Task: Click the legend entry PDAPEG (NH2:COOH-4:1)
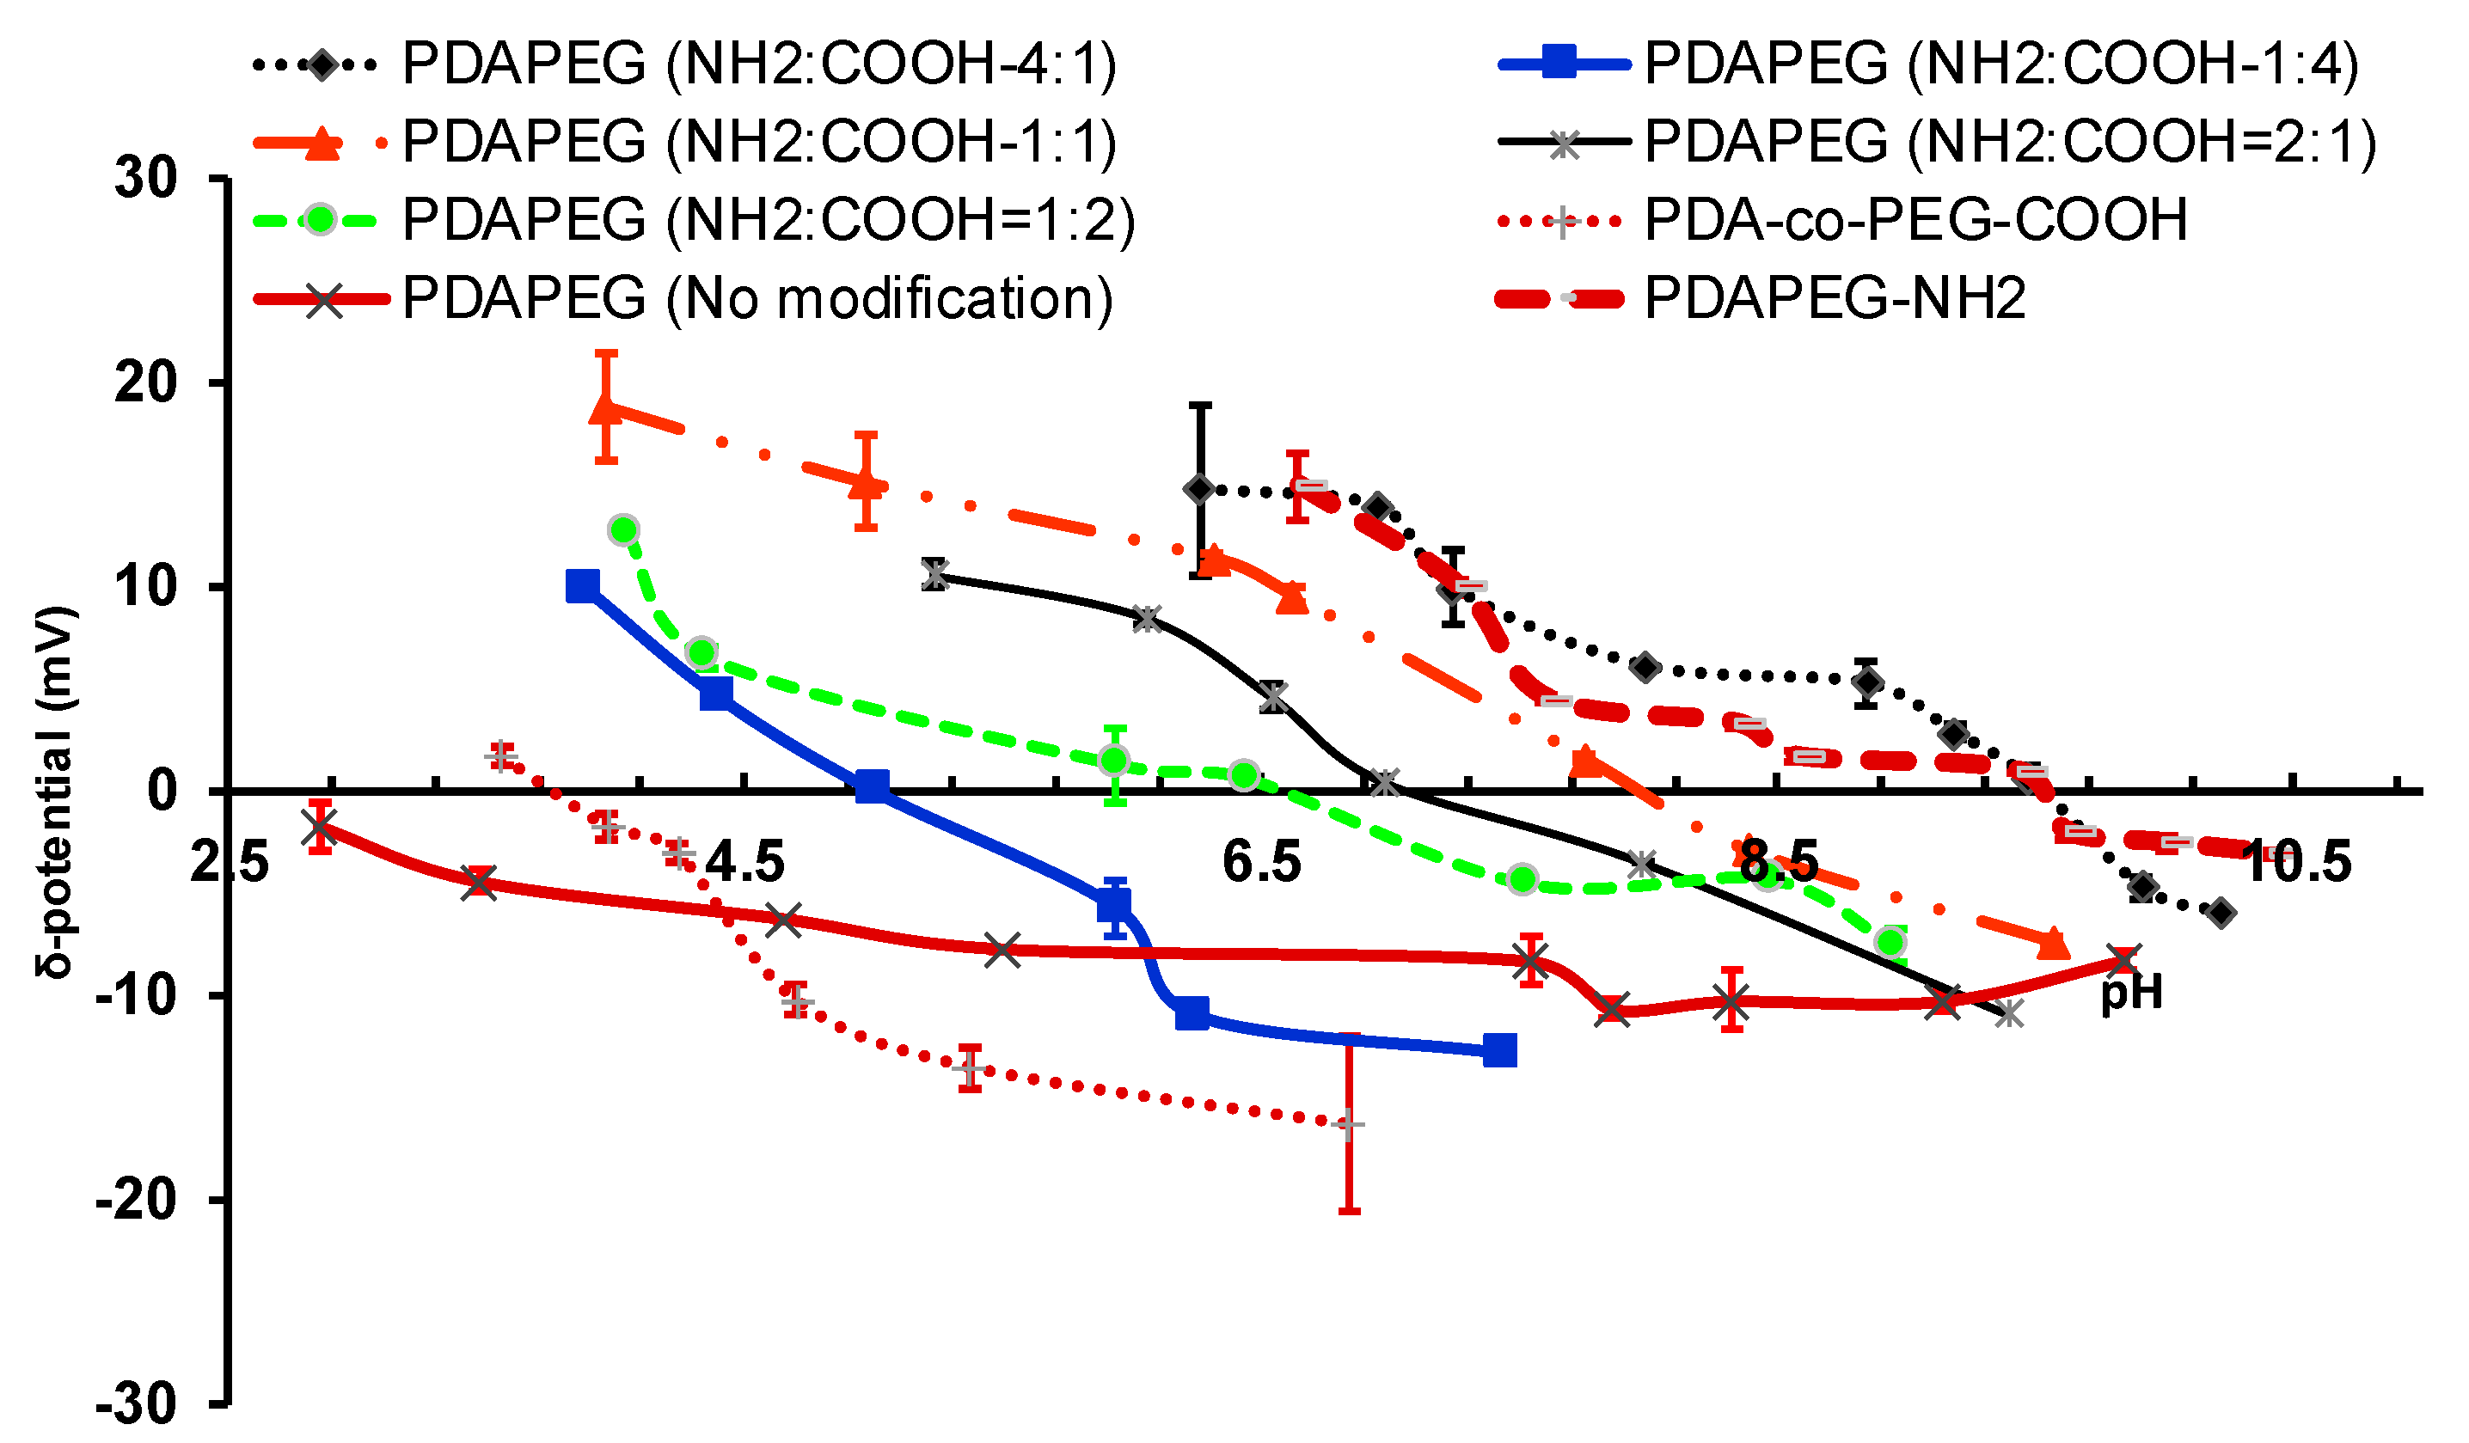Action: [x=759, y=64]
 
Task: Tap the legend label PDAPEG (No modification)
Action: [x=757, y=298]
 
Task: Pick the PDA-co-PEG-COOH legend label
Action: [x=1915, y=219]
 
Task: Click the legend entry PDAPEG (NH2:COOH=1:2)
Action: [x=769, y=219]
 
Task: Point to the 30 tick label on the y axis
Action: [x=146, y=180]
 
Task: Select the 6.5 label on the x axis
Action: [x=1262, y=862]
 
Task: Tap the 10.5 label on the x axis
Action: [x=2296, y=862]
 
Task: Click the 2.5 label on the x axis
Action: [x=230, y=862]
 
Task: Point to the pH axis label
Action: [x=2132, y=993]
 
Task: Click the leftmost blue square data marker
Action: [x=583, y=587]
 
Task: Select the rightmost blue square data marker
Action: [x=1500, y=1051]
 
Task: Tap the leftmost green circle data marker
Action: [x=623, y=531]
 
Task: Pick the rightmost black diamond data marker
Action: [x=2221, y=913]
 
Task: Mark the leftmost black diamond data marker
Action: [x=1199, y=490]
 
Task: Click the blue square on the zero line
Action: [x=872, y=786]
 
